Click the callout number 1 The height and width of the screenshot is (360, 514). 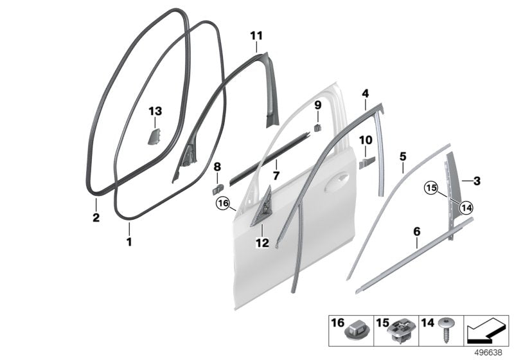(128, 242)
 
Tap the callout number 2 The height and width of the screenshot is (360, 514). (95, 219)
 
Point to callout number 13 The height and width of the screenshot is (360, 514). (156, 111)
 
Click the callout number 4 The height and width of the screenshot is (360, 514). (365, 94)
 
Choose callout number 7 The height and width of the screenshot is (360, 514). (276, 174)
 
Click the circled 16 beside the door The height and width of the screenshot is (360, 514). (223, 204)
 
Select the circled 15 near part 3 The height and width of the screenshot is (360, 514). (430, 188)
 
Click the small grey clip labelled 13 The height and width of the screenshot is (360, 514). (155, 136)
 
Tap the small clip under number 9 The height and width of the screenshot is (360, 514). (318, 127)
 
